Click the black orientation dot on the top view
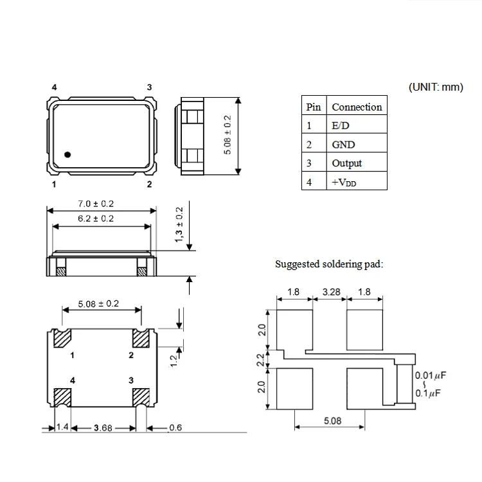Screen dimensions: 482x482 pyautogui.click(x=67, y=154)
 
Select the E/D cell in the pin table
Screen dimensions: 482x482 pyautogui.click(x=341, y=126)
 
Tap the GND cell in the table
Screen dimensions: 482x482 pyautogui.click(x=343, y=145)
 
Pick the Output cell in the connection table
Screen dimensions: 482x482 pyautogui.click(x=346, y=163)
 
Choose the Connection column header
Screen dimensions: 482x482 pyautogui.click(x=357, y=107)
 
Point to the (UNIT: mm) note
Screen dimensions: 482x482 pyautogui.click(x=435, y=87)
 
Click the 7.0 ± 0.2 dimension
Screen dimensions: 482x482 pyautogui.click(x=96, y=204)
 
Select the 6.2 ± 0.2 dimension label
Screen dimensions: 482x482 pyautogui.click(x=96, y=219)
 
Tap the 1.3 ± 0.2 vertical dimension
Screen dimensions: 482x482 pyautogui.click(x=179, y=224)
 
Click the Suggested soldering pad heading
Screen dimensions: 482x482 pyautogui.click(x=328, y=264)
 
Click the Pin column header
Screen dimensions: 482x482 pyautogui.click(x=313, y=107)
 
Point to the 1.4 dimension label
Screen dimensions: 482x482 pyautogui.click(x=62, y=427)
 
